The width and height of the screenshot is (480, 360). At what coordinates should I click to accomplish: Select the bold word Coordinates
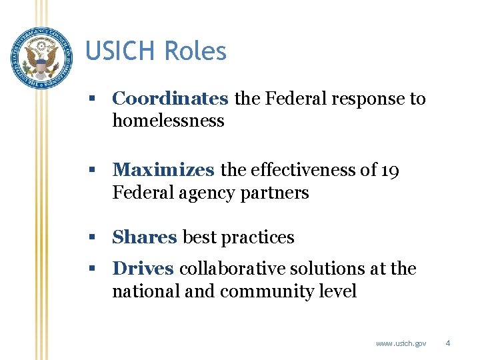click(x=170, y=99)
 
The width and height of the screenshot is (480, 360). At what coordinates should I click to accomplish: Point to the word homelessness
click(x=168, y=121)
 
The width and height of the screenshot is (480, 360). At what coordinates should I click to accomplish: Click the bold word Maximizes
click(x=163, y=171)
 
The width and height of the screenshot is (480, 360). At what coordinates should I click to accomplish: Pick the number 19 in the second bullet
click(x=391, y=171)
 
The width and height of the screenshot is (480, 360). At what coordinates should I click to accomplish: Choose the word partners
click(x=279, y=193)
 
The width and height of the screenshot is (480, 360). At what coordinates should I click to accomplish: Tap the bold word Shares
click(x=145, y=237)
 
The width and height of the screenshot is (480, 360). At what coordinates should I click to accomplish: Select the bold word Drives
click(x=143, y=269)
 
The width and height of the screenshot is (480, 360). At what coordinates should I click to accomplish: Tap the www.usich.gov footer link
click(x=401, y=343)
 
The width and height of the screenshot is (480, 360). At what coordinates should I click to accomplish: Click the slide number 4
click(x=448, y=343)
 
